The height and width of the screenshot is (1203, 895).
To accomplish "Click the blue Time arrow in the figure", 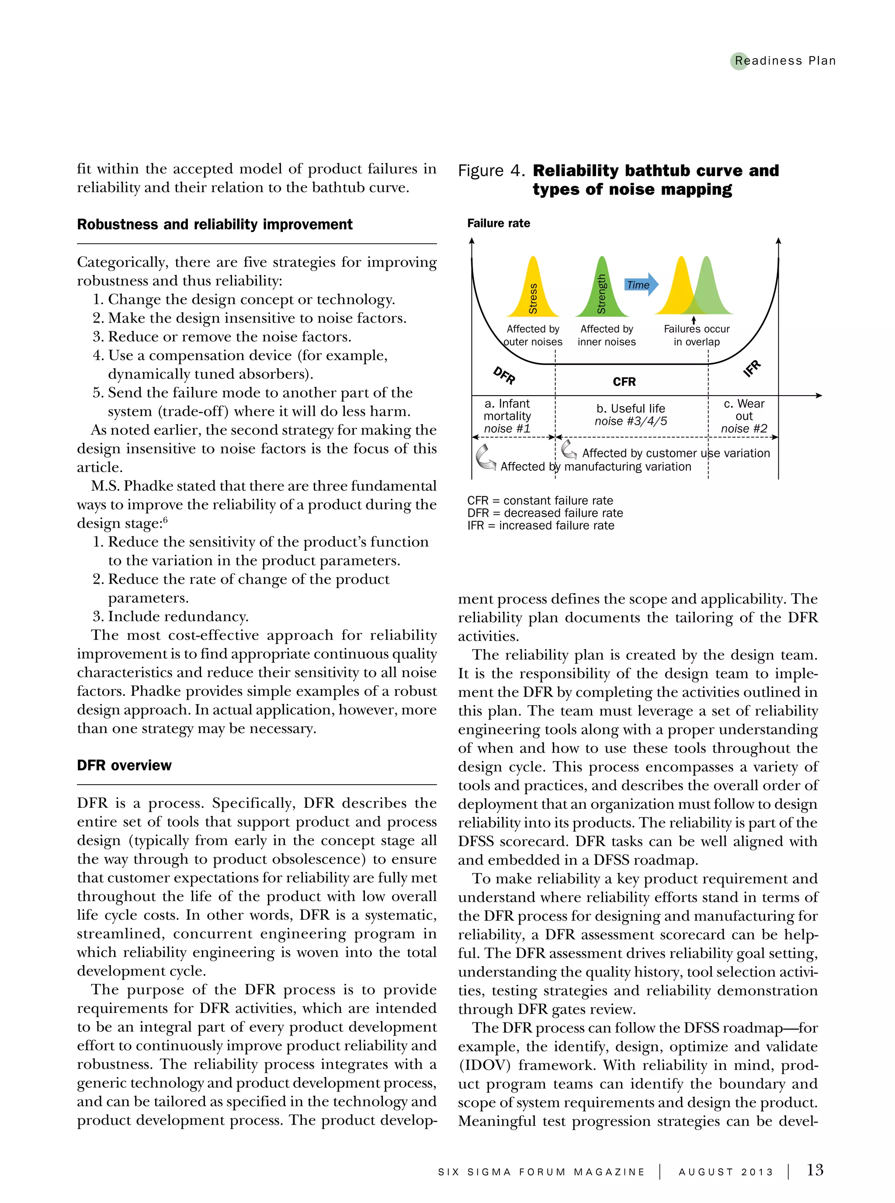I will point(642,285).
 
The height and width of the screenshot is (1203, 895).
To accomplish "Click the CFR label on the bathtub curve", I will point(624,382).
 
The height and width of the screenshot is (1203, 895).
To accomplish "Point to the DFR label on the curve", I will point(504,375).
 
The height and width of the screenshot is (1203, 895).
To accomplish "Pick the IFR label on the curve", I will point(752,369).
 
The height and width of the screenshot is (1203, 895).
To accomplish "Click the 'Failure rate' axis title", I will point(499,223).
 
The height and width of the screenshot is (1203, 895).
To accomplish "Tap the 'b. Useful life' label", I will point(631,409).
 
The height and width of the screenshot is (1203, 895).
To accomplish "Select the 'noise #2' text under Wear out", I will point(744,429).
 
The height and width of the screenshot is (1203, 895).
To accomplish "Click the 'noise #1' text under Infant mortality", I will point(507,429).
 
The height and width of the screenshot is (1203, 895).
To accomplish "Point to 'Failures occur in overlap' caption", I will point(697,335).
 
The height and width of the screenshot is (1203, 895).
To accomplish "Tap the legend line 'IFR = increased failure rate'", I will point(541,525).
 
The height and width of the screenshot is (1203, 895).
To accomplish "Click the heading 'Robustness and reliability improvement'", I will point(215,224).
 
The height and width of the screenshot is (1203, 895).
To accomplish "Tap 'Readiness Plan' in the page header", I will point(785,61).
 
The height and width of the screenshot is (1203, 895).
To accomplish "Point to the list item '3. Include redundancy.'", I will point(171,617).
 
